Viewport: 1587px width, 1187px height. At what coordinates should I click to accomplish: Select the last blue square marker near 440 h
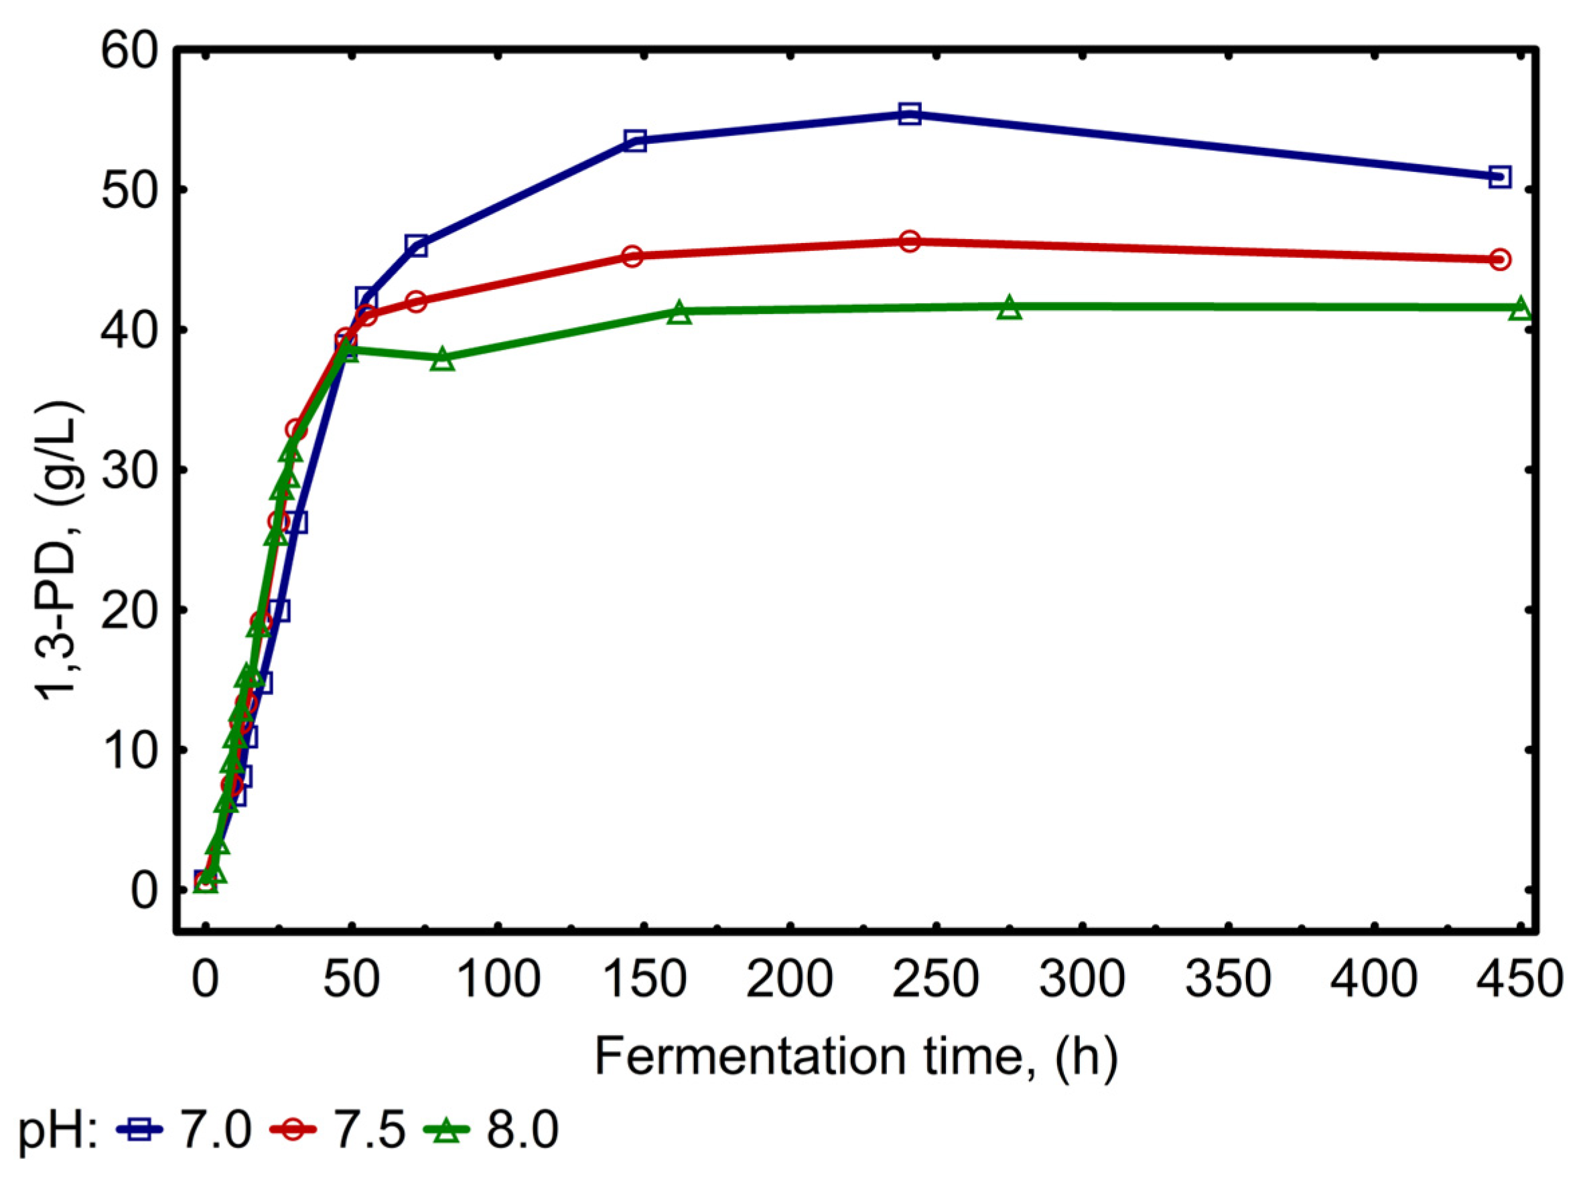[x=1499, y=177]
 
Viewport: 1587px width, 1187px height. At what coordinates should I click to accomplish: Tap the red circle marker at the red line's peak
[x=909, y=241]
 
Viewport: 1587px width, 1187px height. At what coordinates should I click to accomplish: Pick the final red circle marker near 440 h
[x=1499, y=259]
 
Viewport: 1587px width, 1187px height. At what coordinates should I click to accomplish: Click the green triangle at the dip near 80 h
[x=443, y=360]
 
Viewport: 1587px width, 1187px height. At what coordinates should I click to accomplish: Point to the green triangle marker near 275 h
[x=1010, y=308]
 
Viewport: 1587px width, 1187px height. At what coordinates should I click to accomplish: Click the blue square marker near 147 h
[x=635, y=140]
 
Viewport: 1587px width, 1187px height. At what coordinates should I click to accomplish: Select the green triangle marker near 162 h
[x=679, y=313]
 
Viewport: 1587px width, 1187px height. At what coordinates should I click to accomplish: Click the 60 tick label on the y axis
[x=129, y=52]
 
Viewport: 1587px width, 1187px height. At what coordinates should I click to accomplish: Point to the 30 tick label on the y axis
[x=129, y=473]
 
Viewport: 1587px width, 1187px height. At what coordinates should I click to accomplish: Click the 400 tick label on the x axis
[x=1374, y=979]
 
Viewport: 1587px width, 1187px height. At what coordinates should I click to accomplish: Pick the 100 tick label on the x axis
[x=498, y=979]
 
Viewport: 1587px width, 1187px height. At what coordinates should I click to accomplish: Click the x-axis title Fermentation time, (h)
[x=856, y=1057]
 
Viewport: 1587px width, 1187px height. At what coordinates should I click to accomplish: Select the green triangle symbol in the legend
[x=447, y=1130]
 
